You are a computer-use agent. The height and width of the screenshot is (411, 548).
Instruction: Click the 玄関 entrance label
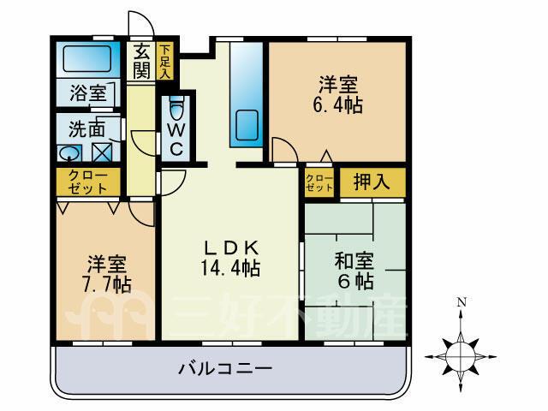[141, 62]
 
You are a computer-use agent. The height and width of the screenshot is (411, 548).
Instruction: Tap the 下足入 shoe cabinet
[164, 61]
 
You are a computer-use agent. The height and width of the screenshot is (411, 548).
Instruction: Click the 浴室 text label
[87, 92]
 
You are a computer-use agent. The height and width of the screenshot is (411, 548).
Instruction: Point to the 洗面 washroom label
[86, 128]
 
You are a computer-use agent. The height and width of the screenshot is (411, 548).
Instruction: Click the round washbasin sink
[69, 153]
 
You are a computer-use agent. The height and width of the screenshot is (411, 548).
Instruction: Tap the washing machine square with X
[102, 152]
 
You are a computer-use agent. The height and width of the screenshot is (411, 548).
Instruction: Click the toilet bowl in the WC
[176, 109]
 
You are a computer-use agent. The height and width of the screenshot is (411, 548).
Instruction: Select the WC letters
[176, 140]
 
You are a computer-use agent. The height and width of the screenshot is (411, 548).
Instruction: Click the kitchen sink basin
[247, 125]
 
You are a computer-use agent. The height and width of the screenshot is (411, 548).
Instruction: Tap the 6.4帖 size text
[337, 104]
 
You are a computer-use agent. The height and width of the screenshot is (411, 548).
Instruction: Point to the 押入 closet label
[372, 182]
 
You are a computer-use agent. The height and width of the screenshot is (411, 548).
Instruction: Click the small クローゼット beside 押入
[319, 182]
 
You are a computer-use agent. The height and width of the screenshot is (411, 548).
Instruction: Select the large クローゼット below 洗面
[87, 182]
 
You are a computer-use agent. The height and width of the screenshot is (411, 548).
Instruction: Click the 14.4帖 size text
[230, 269]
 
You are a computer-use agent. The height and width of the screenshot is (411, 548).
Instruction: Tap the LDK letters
[231, 248]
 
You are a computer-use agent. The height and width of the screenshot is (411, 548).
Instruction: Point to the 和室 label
[354, 260]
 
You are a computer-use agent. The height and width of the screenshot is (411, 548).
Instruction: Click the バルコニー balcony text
[225, 368]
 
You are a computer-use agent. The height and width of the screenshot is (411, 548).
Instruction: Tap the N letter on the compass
[462, 301]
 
